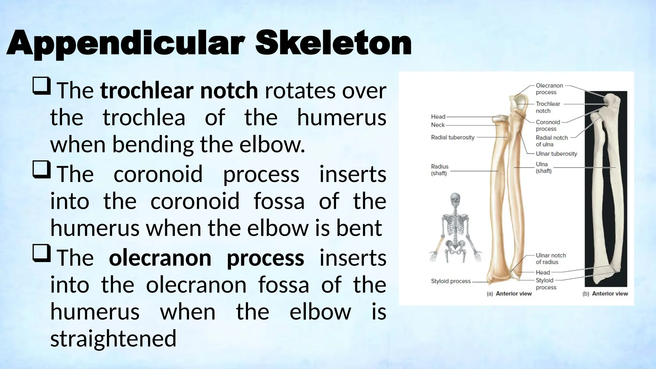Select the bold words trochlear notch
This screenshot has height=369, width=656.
point(179,91)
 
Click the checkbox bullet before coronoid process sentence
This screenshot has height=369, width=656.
point(41,169)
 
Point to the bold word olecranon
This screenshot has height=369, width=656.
point(160,258)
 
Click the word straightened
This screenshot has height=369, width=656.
point(113,339)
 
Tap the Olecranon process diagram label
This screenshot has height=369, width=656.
point(549,89)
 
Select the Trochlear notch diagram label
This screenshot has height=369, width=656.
point(548,107)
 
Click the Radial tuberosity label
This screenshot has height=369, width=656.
point(452,137)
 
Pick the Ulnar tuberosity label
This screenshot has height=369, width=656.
point(556,154)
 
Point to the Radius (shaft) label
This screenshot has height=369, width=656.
point(439,170)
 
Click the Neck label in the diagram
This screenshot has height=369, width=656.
point(438,125)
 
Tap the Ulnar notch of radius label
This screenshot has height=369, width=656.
point(551,258)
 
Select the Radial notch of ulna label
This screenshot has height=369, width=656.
point(552,141)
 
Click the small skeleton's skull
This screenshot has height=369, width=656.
point(455,200)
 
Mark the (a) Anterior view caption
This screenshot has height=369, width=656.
point(509,294)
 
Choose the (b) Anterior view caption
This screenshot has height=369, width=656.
point(605,294)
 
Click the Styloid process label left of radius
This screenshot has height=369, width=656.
point(451,281)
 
